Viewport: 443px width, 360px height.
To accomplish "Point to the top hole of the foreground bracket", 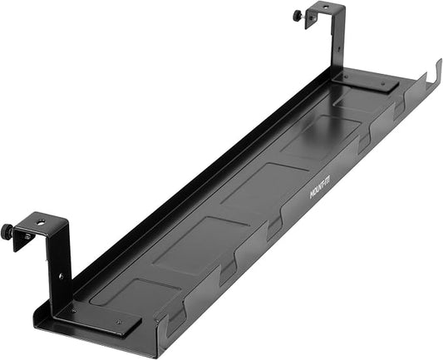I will coord(38,224).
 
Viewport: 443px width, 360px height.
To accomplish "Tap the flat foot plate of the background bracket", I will coord(366,81).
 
